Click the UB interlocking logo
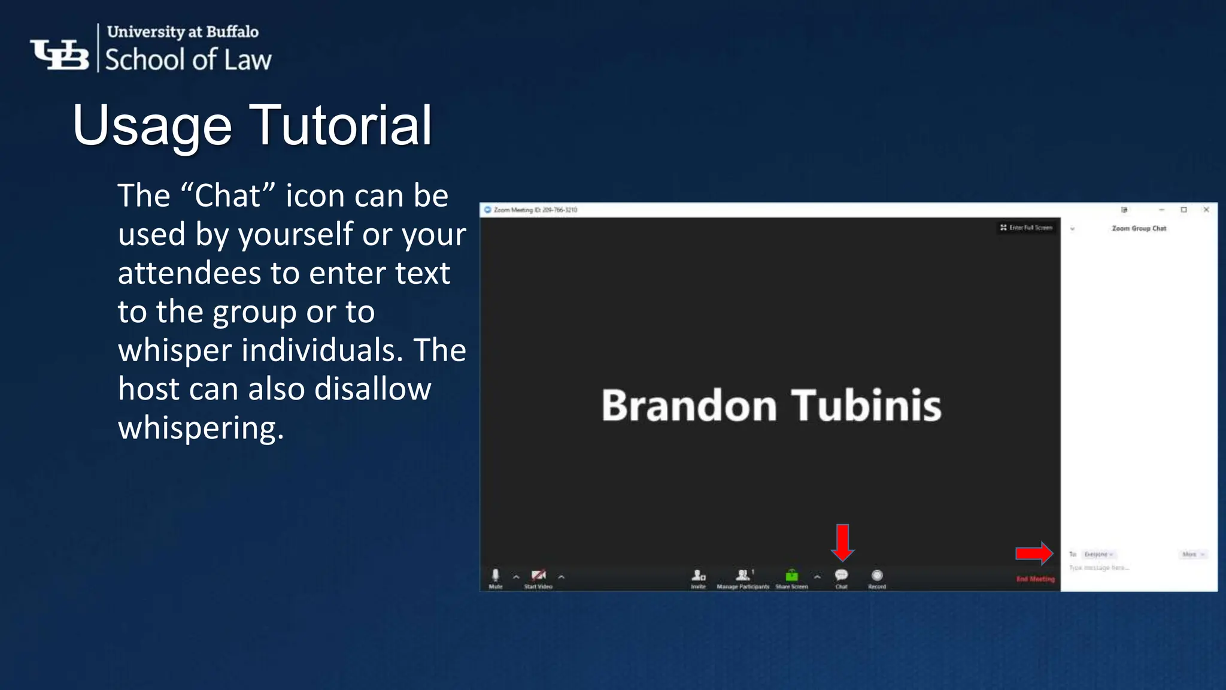click(60, 55)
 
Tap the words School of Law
click(188, 60)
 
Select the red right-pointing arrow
click(1034, 553)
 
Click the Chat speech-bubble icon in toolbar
click(841, 575)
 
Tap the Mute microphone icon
click(495, 576)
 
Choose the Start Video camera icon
click(538, 576)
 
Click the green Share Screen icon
click(791, 576)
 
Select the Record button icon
click(877, 576)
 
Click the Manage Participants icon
click(743, 576)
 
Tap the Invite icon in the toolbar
click(698, 576)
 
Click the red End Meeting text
click(1035, 579)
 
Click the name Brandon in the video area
click(689, 405)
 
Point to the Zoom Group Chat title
click(1139, 228)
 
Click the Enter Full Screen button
click(1026, 228)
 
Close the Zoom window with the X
click(1206, 210)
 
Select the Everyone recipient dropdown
click(1098, 555)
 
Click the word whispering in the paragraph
click(201, 428)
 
